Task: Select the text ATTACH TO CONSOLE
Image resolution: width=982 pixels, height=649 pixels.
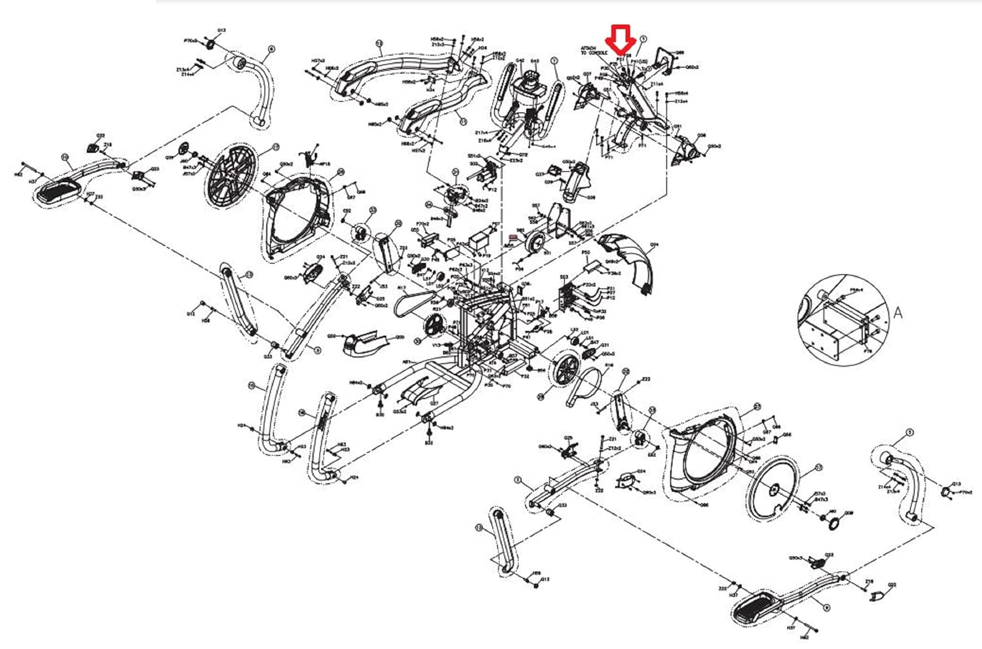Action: tap(594, 50)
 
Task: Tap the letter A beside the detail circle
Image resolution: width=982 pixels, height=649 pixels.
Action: tap(898, 314)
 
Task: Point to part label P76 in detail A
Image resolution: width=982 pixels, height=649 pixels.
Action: tap(868, 351)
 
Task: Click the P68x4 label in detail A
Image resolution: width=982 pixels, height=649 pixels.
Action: tap(856, 289)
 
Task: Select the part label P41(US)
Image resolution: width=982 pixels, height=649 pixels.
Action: tap(638, 61)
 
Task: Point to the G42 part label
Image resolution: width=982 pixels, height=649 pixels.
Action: tap(520, 61)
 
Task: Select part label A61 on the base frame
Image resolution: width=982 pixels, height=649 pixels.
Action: tap(406, 362)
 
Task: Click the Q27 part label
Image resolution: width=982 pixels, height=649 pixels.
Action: tap(433, 404)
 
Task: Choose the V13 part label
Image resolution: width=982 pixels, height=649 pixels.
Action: tap(437, 344)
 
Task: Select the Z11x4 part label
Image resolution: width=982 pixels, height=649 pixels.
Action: tap(657, 84)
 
